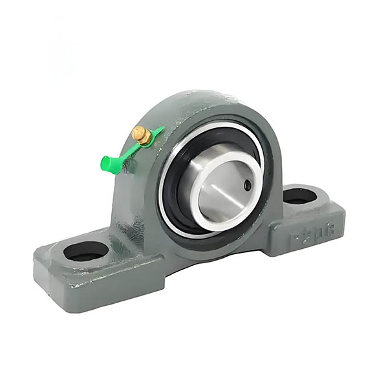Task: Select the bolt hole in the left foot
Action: pos(86,250)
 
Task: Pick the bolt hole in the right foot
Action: pos(300,196)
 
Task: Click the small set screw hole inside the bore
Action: pos(248,186)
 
